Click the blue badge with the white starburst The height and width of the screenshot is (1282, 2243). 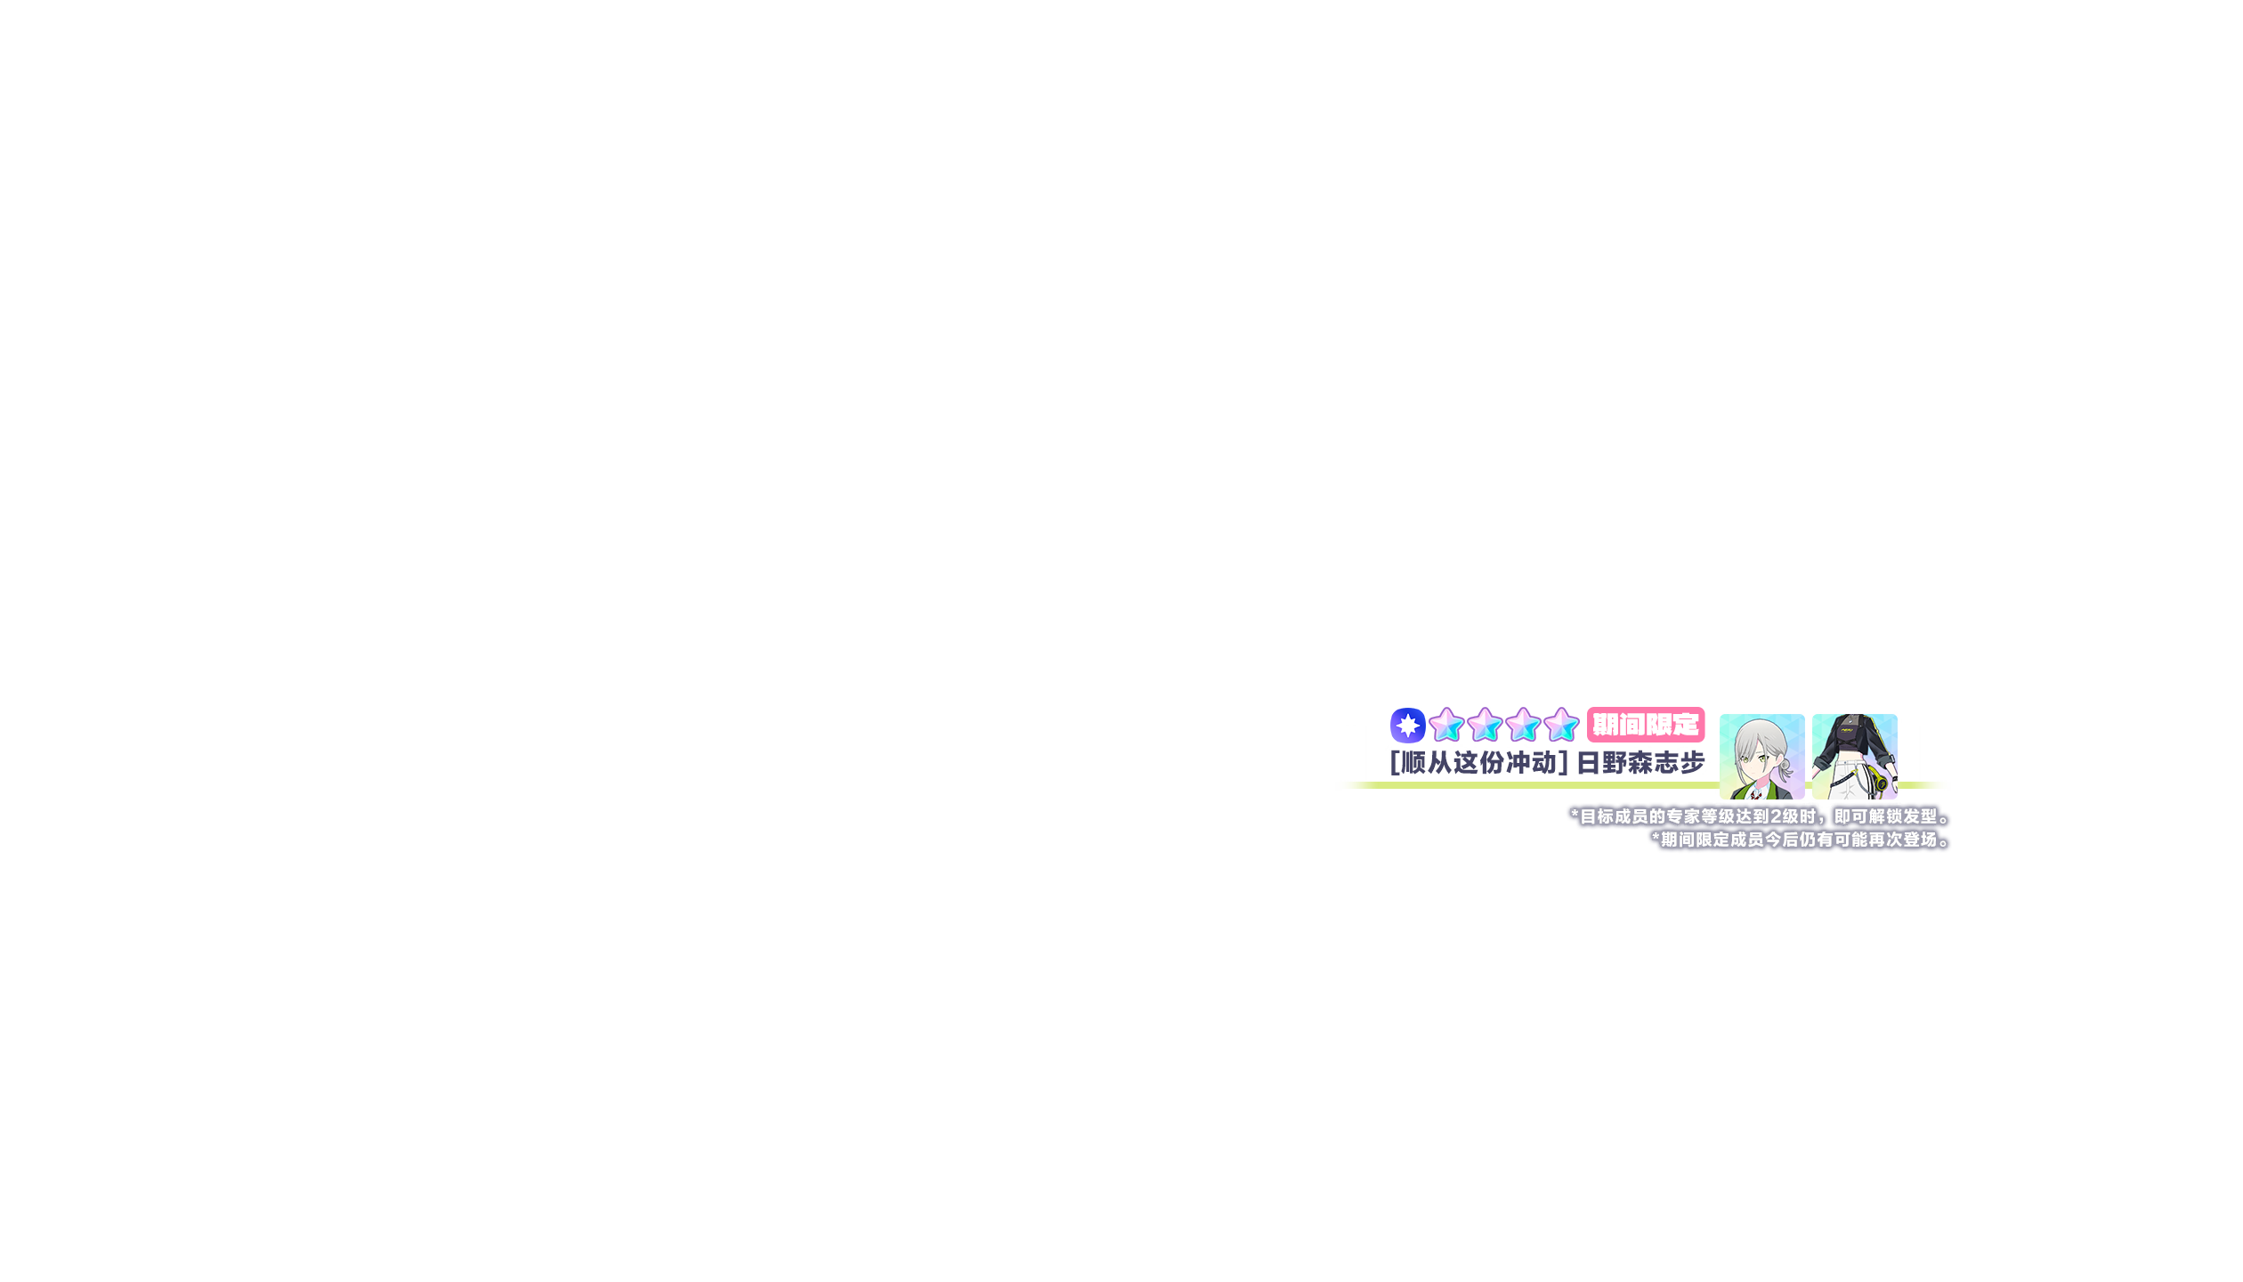[x=1407, y=725]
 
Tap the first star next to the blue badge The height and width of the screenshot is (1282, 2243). [x=1446, y=725]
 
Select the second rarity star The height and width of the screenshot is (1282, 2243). [x=1485, y=725]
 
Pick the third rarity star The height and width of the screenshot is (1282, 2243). [x=1523, y=725]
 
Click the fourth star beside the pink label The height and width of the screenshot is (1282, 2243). [x=1561, y=725]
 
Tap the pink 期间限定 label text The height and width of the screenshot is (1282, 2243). [x=1645, y=725]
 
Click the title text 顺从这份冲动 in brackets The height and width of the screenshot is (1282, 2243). [x=1478, y=762]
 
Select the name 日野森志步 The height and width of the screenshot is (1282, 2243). [x=1640, y=762]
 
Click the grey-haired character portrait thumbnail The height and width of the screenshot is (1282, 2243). [x=1761, y=756]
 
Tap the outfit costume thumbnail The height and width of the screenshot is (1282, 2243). [x=1854, y=756]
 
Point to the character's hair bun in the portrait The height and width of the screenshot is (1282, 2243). [x=1785, y=765]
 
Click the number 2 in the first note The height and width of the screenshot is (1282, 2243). [x=1777, y=816]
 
